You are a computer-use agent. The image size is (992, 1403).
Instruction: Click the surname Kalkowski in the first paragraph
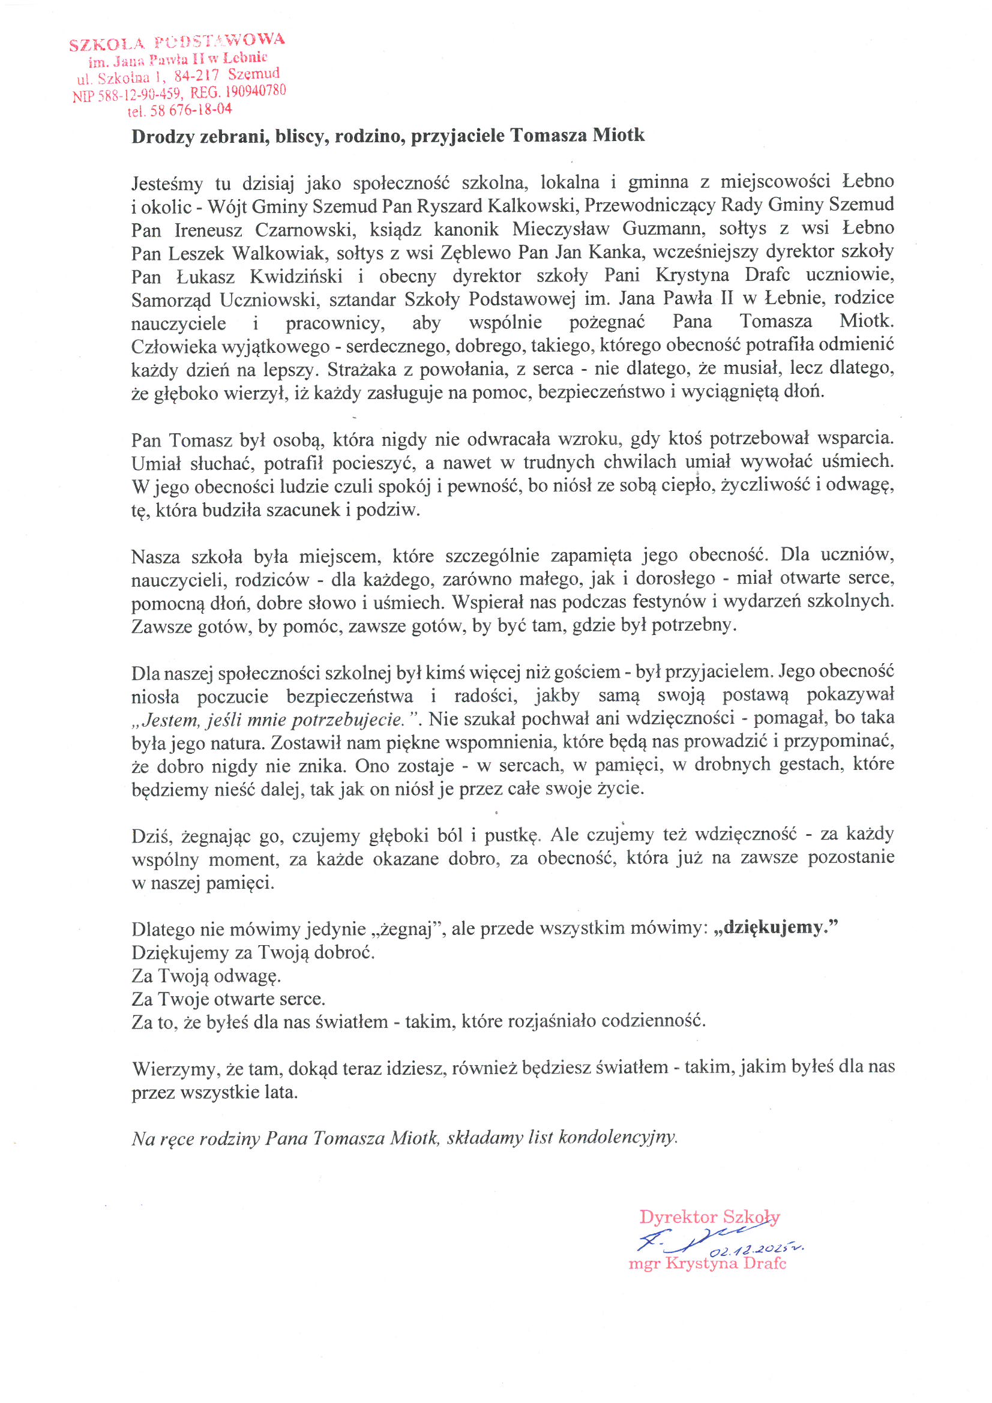click(532, 205)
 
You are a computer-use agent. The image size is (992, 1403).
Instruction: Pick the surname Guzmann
click(663, 229)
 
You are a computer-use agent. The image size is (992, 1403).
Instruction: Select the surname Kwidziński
click(296, 276)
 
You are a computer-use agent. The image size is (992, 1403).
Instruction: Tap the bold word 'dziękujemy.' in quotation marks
click(775, 928)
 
